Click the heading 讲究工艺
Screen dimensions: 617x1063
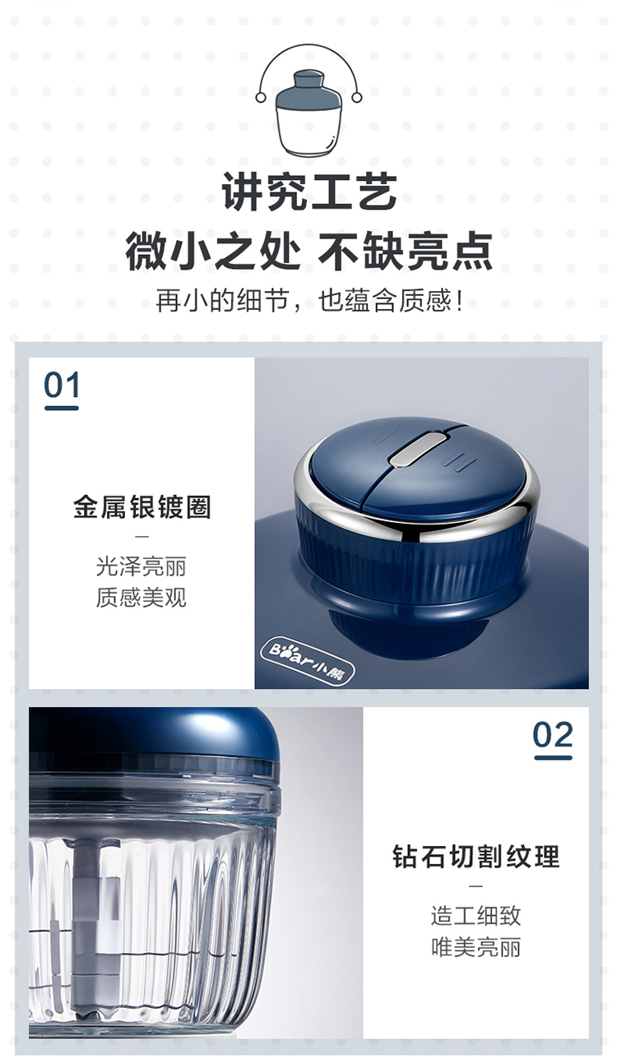309,192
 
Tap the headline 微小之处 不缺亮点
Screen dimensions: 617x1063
308,251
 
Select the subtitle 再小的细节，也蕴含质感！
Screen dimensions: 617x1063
308,300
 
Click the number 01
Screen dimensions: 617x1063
61,385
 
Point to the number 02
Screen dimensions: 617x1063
552,735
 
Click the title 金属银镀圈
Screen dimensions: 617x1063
142,506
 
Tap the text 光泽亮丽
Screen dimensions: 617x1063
141,566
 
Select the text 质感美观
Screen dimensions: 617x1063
141,597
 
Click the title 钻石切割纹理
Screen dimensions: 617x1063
476,856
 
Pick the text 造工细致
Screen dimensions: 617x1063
476,916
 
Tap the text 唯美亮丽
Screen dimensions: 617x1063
476,947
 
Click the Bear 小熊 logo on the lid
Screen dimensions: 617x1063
308,661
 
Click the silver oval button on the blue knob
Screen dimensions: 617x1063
418,447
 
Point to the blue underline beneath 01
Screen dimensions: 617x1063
61,408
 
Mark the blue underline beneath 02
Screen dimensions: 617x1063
554,757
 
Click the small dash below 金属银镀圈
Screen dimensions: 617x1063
142,537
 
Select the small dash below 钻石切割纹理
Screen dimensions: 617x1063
476,886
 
